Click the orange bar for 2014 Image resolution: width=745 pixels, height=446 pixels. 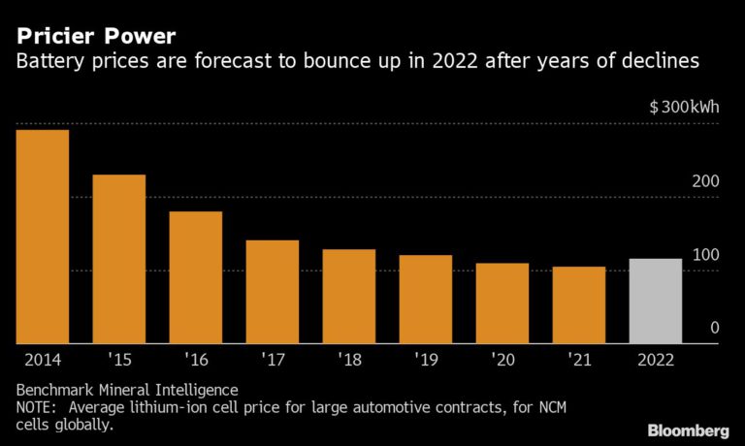42,237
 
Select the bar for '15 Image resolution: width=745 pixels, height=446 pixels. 118,259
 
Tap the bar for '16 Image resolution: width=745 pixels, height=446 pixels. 195,277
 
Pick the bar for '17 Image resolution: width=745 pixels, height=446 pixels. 272,292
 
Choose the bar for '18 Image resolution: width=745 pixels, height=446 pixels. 348,297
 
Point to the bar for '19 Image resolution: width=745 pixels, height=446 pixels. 425,300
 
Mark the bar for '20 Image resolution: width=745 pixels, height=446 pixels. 502,303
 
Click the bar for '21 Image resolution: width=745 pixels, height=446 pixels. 578,305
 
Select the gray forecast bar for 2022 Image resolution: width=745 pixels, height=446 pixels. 655,302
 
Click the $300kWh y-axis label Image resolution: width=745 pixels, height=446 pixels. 684,107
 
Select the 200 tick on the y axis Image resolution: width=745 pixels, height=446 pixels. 705,181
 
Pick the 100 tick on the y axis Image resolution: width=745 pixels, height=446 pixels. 705,255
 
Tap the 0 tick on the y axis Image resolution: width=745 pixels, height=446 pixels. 714,329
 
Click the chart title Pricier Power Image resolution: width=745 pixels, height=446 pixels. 95,37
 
